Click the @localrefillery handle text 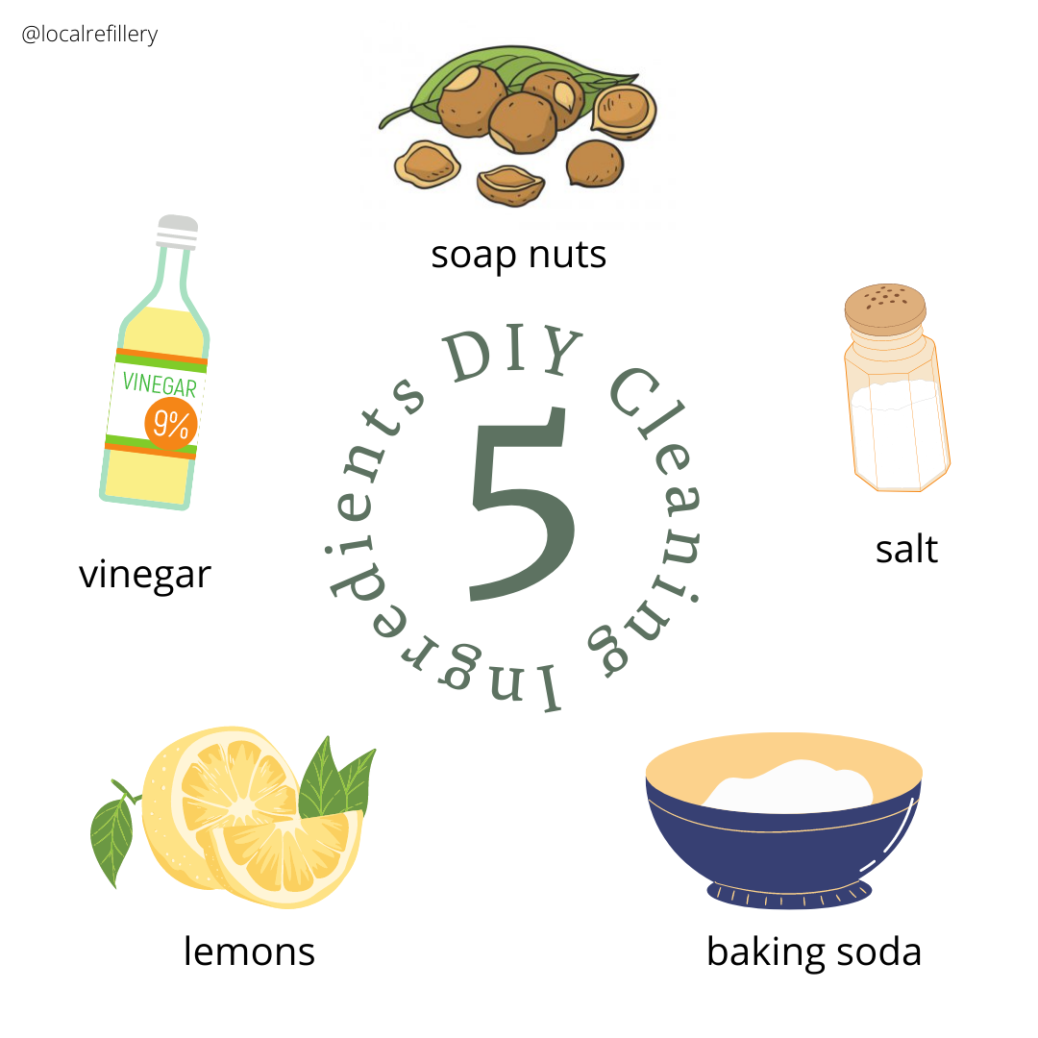[x=89, y=35]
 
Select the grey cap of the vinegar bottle [x=177, y=231]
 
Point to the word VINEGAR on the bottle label [x=160, y=386]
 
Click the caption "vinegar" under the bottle [x=144, y=575]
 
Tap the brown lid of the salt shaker [x=885, y=308]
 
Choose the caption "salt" [x=906, y=550]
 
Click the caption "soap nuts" [x=519, y=256]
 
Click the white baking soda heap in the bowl [x=788, y=783]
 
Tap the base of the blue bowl [x=789, y=893]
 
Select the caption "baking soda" [x=814, y=951]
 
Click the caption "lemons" [x=249, y=951]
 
